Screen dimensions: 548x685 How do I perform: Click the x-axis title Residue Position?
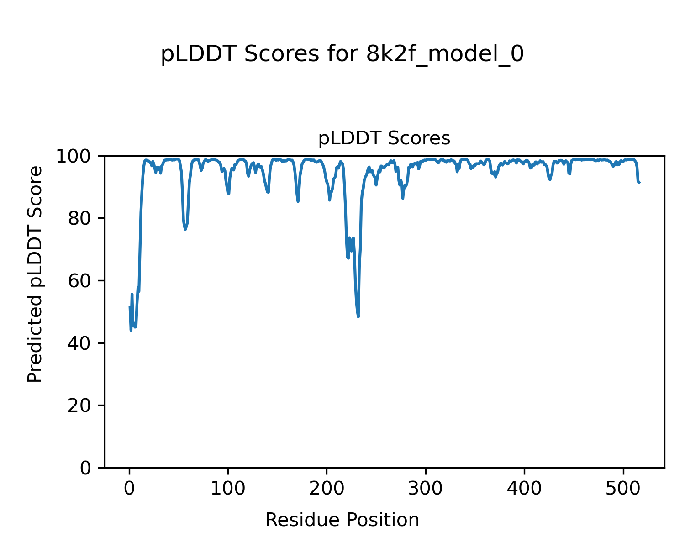pos(342,520)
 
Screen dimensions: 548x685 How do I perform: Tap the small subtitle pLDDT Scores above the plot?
pos(384,138)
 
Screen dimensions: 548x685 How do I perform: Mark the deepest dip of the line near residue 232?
pos(358,316)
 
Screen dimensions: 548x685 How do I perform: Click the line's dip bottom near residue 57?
pos(185,229)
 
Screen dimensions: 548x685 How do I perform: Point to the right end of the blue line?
pos(640,183)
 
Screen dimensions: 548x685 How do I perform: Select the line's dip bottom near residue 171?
pos(298,201)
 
